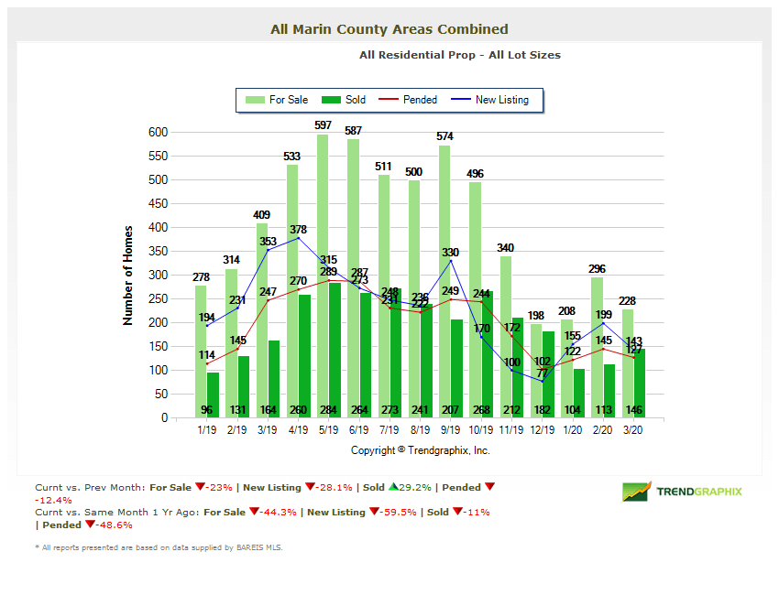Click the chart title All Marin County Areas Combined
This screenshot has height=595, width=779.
(389, 29)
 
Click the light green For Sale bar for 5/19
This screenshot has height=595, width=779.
(323, 275)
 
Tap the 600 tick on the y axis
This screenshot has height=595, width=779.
(158, 132)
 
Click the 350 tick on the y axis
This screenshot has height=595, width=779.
(158, 251)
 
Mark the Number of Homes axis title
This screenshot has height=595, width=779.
(128, 275)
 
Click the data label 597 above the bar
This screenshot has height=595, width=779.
(323, 124)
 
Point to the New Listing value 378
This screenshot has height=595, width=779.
(299, 230)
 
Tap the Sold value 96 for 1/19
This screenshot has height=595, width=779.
(213, 410)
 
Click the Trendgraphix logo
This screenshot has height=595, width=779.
(682, 492)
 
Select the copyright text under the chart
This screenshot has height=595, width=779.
(420, 450)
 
